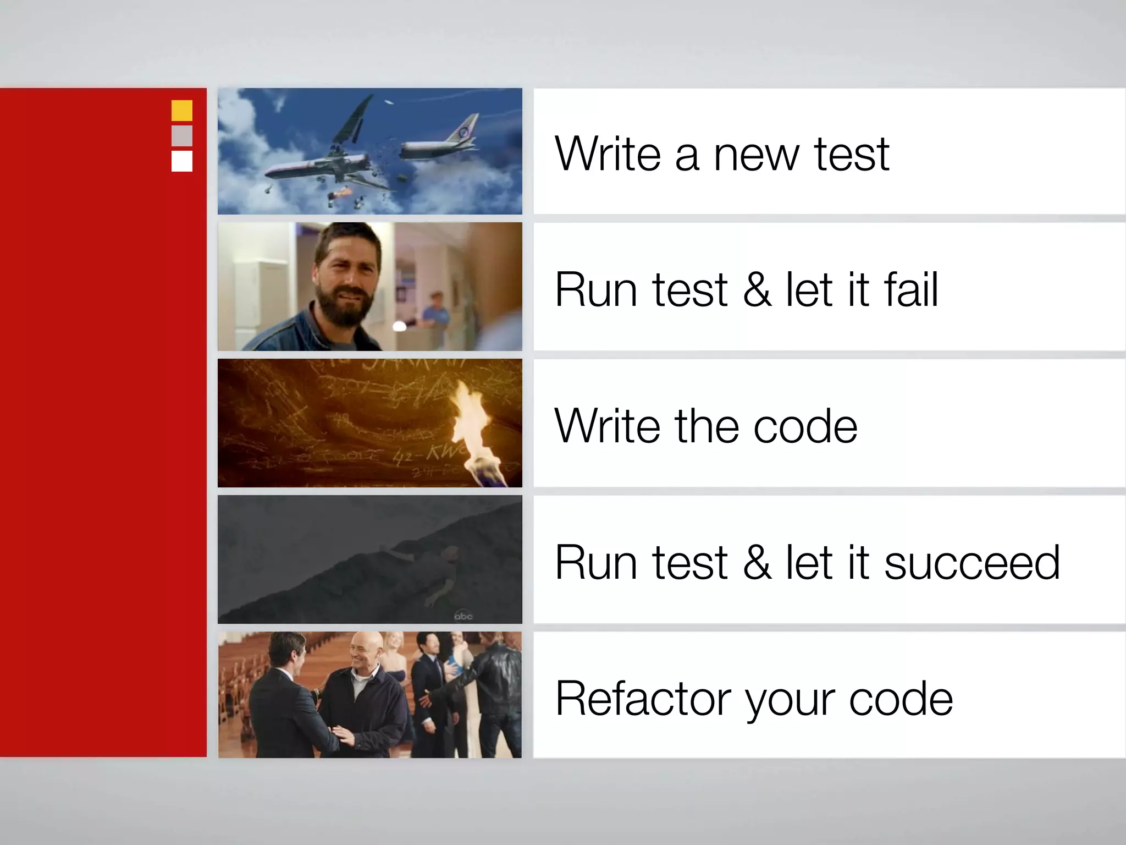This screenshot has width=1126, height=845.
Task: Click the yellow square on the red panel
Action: click(x=182, y=111)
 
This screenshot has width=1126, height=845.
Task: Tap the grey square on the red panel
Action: click(x=182, y=136)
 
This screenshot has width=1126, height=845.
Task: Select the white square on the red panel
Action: click(x=182, y=161)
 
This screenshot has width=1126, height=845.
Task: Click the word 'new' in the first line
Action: click(x=755, y=155)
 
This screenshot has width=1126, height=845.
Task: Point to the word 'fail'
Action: click(x=910, y=290)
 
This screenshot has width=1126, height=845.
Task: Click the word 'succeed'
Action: click(x=972, y=563)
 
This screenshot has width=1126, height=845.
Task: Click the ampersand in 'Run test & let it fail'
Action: click(x=757, y=290)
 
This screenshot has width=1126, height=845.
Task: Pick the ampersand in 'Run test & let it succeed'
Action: click(x=757, y=563)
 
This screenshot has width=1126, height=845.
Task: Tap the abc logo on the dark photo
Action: click(x=463, y=616)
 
